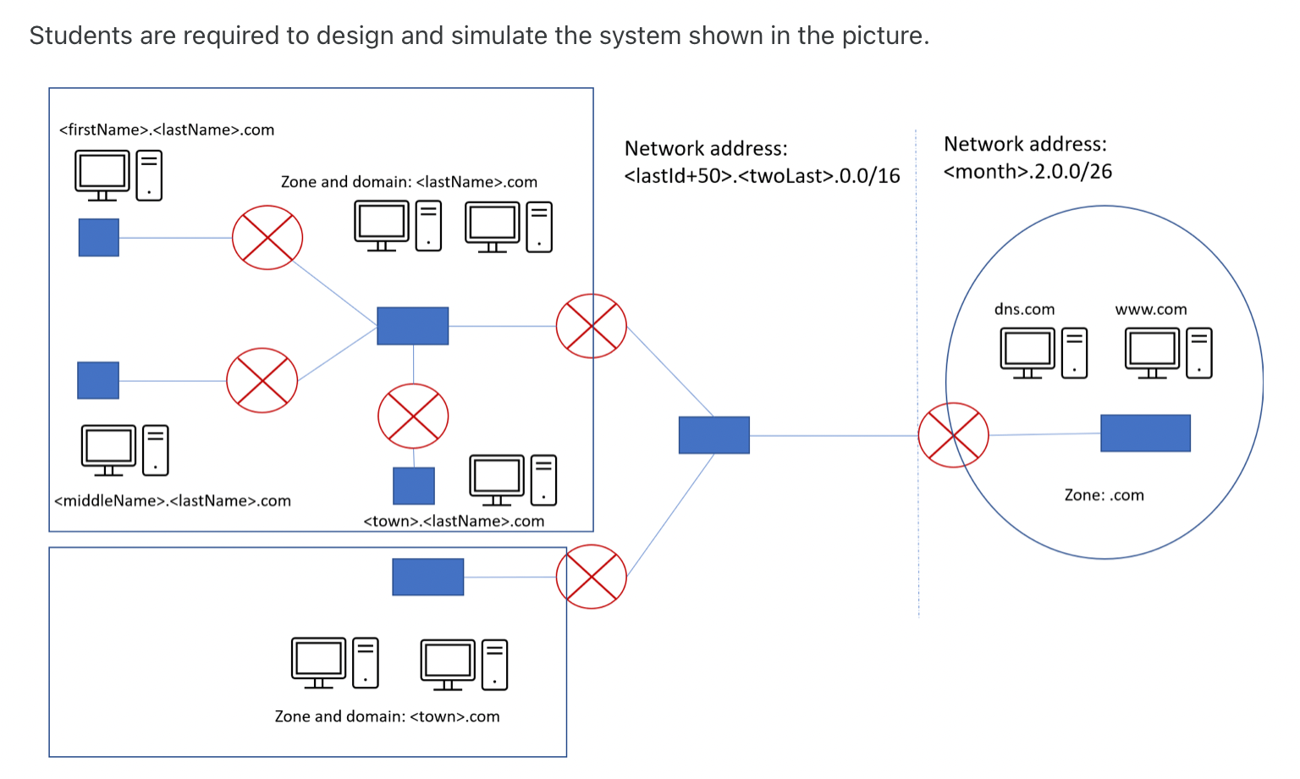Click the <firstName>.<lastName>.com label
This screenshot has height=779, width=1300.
point(167,130)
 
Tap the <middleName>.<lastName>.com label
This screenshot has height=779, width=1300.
point(173,500)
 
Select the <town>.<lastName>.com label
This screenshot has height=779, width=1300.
point(454,521)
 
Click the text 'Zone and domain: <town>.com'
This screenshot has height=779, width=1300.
point(387,716)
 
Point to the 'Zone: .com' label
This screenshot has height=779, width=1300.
point(1104,495)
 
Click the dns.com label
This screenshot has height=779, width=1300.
point(1024,309)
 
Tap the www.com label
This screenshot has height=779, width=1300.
point(1151,309)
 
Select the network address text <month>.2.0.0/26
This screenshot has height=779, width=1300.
point(1027,171)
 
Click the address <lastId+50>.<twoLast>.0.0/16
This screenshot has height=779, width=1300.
point(762,175)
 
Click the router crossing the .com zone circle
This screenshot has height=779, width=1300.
point(953,434)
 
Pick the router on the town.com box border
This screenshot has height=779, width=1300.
point(592,577)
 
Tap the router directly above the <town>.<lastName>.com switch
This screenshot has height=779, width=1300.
point(413,416)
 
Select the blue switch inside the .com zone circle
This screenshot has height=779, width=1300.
point(1146,433)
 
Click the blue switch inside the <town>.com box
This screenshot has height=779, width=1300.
point(427,577)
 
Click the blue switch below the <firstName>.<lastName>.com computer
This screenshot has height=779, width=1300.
point(99,237)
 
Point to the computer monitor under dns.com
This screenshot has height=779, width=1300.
point(1027,353)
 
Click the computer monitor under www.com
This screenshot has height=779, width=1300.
point(1152,353)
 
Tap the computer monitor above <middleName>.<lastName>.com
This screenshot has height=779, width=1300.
point(108,450)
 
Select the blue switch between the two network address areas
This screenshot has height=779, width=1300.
point(713,434)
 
